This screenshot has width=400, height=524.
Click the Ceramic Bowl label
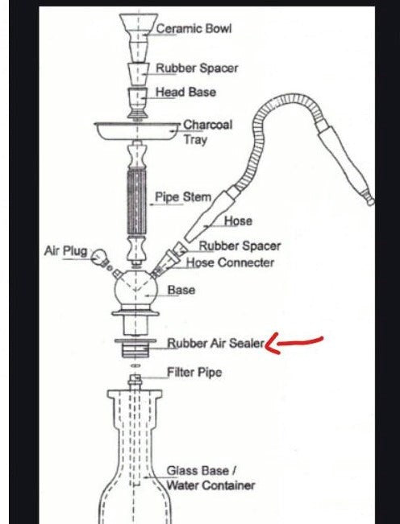tap(194, 28)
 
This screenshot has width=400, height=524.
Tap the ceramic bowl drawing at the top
tap(139, 37)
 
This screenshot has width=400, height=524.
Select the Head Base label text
tap(185, 92)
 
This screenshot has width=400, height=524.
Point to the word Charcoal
tap(207, 125)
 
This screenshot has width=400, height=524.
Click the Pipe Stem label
tap(183, 197)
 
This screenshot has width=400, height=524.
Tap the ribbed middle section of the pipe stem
tap(137, 201)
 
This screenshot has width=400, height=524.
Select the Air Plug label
tap(65, 250)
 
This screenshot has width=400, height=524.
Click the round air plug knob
tap(99, 257)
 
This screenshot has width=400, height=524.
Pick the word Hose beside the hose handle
tap(238, 221)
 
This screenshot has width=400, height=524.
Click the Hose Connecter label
tap(230, 262)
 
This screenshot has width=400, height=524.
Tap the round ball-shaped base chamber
tap(135, 290)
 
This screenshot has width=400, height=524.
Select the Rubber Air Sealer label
tap(216, 343)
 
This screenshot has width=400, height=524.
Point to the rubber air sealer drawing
tap(135, 348)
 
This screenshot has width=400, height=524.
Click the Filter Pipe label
tap(194, 372)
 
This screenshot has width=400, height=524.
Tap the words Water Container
tap(210, 485)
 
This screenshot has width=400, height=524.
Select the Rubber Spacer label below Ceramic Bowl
tap(197, 68)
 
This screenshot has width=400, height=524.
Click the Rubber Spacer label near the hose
tap(240, 246)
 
